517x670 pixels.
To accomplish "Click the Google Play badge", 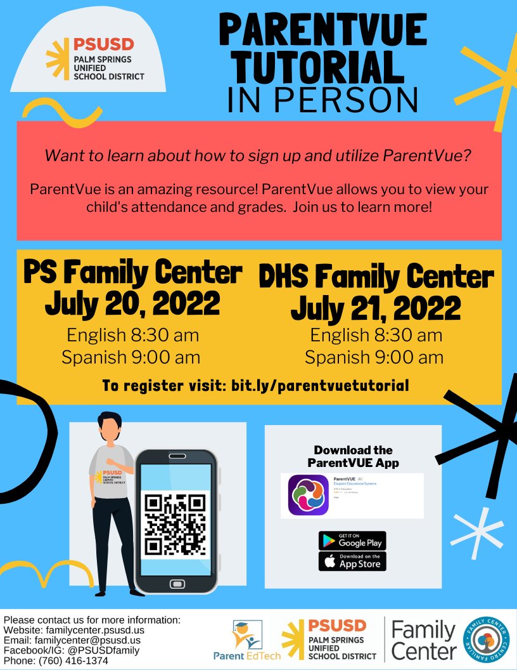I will point(352,541).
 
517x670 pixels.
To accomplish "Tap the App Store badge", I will point(352,561).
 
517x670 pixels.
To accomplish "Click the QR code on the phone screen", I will point(176,523).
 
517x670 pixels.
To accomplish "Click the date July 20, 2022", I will point(132,304).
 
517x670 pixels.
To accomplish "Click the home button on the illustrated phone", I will point(176,583).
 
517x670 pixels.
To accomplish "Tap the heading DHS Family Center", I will point(376,277).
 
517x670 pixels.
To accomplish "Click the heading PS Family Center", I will point(132,273).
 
